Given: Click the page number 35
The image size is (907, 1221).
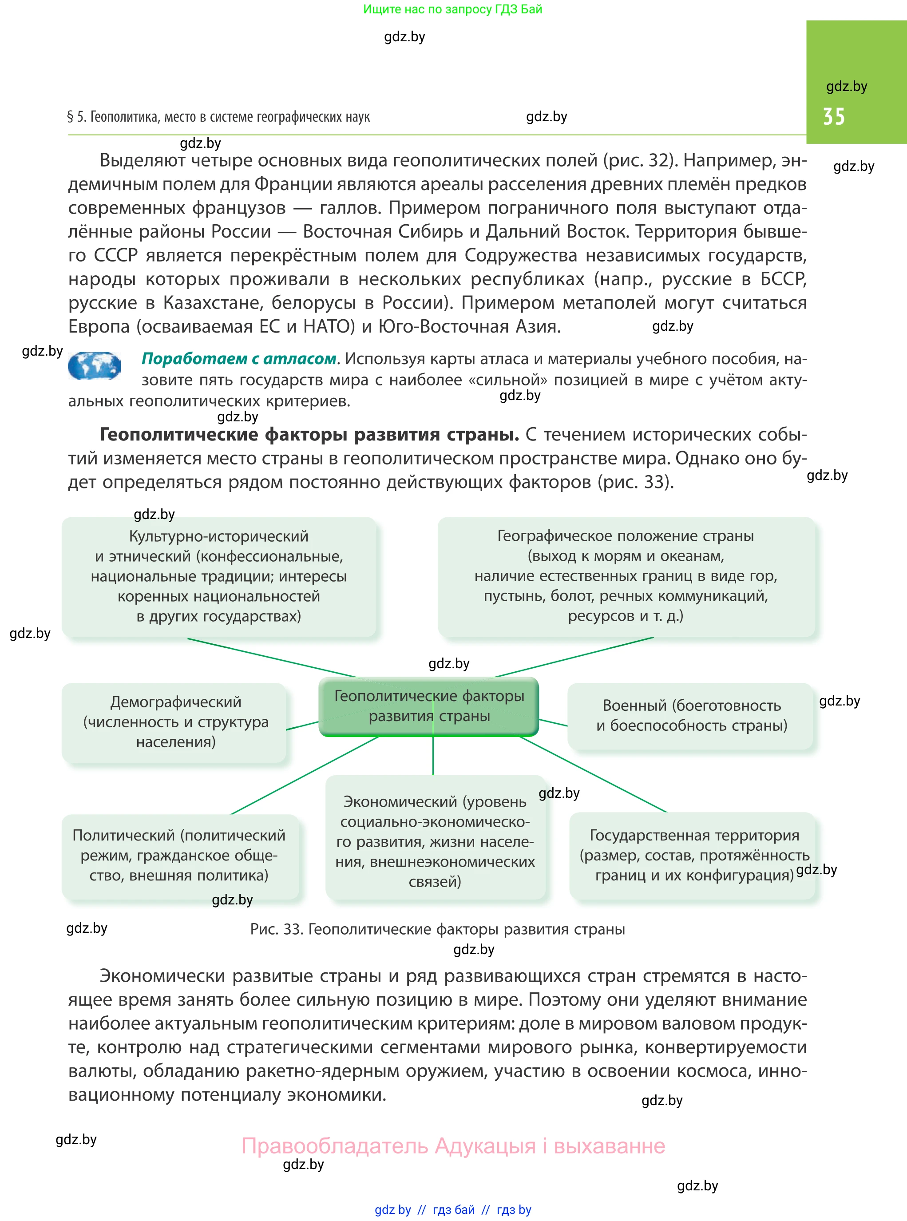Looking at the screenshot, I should [x=833, y=116].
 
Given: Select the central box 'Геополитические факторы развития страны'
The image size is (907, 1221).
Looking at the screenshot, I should [x=429, y=706].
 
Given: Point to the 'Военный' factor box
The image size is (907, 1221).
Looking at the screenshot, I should [x=691, y=715].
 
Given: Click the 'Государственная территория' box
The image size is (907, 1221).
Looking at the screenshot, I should [x=694, y=855].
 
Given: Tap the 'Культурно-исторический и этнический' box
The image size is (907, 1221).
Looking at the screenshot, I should [x=218, y=576].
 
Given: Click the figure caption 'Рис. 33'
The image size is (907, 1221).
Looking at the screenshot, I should [x=437, y=929].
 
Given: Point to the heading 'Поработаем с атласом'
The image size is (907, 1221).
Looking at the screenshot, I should [x=239, y=358].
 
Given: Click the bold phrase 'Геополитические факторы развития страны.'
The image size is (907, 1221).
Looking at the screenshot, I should [x=309, y=434].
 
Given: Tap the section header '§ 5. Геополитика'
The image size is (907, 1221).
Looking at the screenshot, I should [x=218, y=117].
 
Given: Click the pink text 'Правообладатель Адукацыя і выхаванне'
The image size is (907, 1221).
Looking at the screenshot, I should [x=453, y=1146].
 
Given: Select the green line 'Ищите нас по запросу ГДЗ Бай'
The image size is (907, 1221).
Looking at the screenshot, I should [x=452, y=9].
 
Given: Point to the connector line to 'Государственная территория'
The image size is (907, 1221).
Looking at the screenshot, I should [x=593, y=774].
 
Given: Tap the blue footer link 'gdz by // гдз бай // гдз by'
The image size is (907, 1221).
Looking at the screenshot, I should [x=452, y=1209].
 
